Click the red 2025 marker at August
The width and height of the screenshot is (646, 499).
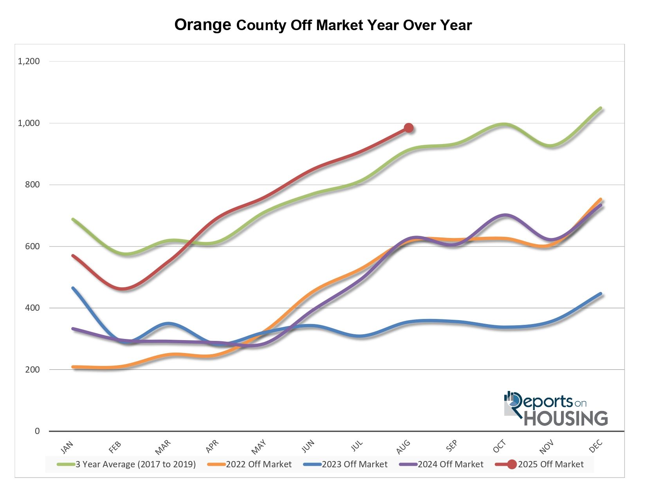click(409, 128)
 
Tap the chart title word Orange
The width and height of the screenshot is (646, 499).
click(203, 25)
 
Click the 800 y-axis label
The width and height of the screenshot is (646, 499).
click(32, 184)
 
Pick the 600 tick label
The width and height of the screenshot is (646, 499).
click(32, 246)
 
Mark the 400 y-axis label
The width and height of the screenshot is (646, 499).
click(32, 308)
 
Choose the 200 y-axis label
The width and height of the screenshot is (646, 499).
click(32, 369)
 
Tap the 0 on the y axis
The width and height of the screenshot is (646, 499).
click(37, 431)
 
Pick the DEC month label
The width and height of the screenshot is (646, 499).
click(595, 447)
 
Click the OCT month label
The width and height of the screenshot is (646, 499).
click(499, 447)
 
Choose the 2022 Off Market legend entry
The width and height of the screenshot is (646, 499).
click(258, 465)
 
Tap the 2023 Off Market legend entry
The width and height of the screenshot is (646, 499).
click(354, 465)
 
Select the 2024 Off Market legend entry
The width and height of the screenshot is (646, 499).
click(450, 465)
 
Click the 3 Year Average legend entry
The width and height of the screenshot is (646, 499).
click(135, 465)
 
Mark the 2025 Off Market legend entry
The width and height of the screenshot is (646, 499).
click(550, 465)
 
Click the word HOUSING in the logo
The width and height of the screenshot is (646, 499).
click(566, 418)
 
